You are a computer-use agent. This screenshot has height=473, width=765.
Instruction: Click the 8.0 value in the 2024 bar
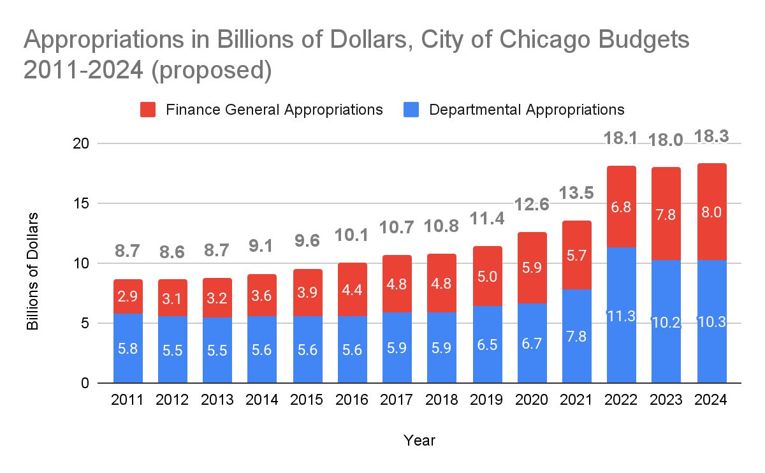click(711, 213)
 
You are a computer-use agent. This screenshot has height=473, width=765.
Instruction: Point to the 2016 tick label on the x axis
click(352, 400)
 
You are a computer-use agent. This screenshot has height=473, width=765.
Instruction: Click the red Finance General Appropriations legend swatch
click(148, 110)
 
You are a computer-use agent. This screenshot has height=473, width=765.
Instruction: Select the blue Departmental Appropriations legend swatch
click(411, 110)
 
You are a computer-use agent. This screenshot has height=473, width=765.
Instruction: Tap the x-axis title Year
click(419, 440)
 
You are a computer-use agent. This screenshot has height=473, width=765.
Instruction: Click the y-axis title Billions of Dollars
click(33, 272)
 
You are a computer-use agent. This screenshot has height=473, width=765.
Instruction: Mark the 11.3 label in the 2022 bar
click(622, 316)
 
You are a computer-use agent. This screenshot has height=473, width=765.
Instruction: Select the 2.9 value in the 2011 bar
click(128, 297)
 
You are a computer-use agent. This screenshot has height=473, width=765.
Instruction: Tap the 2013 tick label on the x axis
click(217, 400)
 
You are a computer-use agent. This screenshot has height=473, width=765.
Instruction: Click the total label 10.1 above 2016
click(352, 236)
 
